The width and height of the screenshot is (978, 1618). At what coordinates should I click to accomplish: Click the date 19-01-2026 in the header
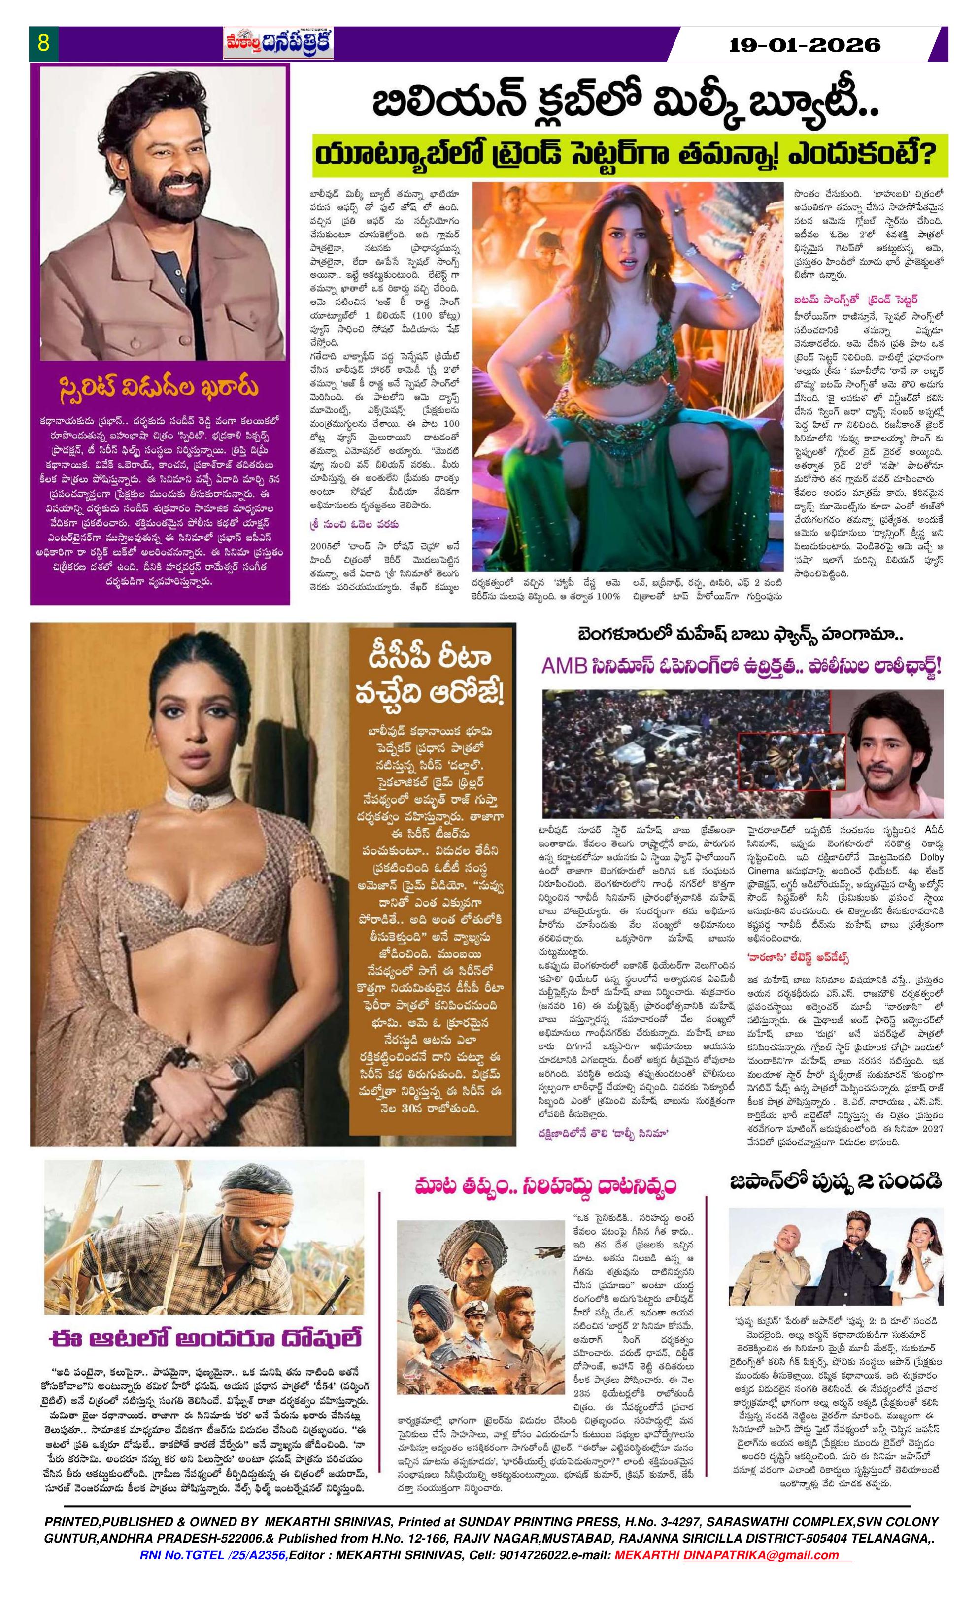pos(805,45)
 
